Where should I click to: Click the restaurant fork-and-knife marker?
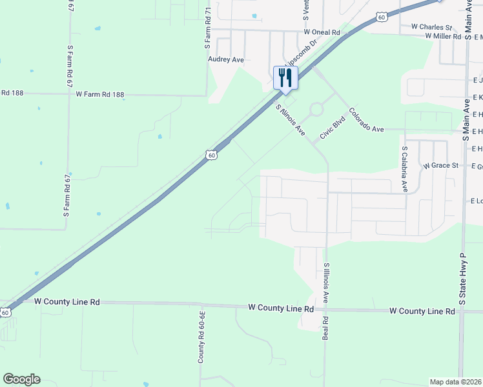pos(285,79)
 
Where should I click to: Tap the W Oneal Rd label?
pos(322,32)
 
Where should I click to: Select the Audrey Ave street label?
pos(226,59)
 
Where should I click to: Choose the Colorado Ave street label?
pos(366,121)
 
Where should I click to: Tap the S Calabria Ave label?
pos(405,169)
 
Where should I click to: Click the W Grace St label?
pos(440,166)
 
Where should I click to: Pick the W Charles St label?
pos(431,27)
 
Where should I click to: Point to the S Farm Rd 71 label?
pos(208,29)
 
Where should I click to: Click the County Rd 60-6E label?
pos(202,336)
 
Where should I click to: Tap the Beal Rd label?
pos(325,328)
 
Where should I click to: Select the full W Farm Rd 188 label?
pos(99,94)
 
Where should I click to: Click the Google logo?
pos(21,379)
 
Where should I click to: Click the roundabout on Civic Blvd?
pos(316,110)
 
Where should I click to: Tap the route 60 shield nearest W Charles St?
pos(382,17)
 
